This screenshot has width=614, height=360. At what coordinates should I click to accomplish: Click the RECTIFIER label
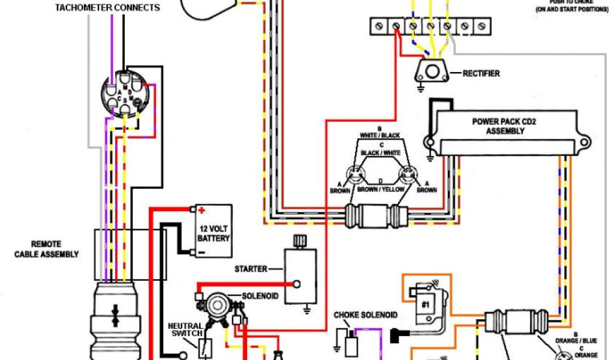tap(481, 74)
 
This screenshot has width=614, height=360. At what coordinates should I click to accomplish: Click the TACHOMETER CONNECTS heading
tap(107, 8)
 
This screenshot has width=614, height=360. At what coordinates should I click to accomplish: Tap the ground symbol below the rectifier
tap(417, 88)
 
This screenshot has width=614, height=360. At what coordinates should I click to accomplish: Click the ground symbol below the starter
tap(307, 310)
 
